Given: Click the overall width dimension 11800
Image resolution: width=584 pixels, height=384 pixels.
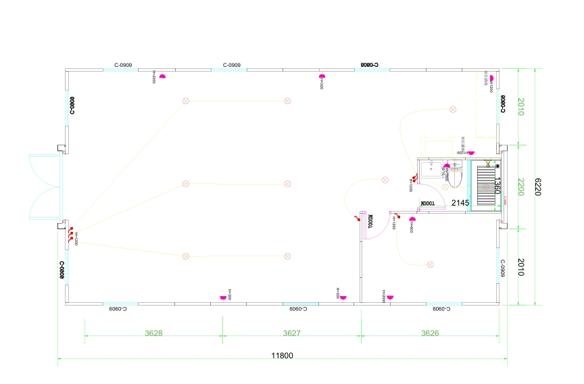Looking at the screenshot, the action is coord(282,356).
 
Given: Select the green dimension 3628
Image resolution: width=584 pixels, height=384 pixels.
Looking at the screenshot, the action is coord(153,333).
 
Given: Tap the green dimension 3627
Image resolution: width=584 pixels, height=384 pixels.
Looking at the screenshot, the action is coord(291,333).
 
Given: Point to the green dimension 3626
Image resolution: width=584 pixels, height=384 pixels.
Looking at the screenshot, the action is coord(430,333).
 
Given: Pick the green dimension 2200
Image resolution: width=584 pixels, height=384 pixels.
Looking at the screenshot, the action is coord(521,187).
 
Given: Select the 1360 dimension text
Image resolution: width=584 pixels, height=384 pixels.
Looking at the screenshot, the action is coord(497,185).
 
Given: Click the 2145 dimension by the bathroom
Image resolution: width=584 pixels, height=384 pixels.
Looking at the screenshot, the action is coord(460,203).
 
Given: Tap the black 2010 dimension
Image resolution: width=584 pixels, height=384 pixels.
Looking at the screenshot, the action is coord(521,267).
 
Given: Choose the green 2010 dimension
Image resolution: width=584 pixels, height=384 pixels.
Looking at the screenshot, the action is coord(521,107).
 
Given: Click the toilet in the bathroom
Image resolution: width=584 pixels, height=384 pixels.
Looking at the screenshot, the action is coord(454,178).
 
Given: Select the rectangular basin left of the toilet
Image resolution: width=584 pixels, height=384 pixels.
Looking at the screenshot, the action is coord(431,174).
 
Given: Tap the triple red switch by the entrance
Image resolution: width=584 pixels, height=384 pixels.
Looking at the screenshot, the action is coord(70,234).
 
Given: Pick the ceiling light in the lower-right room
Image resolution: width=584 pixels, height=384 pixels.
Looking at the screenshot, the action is coord(430,264).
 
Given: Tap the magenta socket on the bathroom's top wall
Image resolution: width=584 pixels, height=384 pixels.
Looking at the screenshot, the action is coord(471,153).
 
